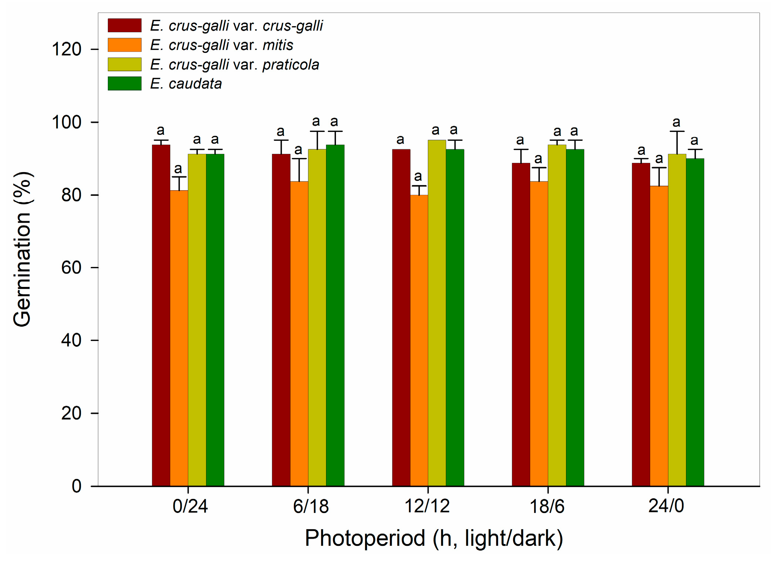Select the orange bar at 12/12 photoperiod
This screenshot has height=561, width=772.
(x=419, y=340)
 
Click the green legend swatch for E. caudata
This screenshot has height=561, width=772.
(x=124, y=83)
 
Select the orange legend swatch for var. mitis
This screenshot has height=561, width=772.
(x=124, y=45)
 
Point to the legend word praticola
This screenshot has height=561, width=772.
(x=291, y=65)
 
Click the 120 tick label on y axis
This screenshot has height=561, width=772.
(x=66, y=49)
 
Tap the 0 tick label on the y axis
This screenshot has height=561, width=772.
(x=76, y=486)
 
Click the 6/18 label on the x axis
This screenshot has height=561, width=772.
(x=310, y=506)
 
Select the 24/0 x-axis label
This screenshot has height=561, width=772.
(x=666, y=506)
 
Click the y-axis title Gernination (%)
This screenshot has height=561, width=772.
(x=22, y=249)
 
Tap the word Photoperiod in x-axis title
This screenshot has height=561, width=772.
(x=365, y=538)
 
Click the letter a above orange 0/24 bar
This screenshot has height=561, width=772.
(x=178, y=168)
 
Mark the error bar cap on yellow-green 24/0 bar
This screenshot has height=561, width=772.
(x=677, y=131)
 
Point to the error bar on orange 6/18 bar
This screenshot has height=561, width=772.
(x=299, y=170)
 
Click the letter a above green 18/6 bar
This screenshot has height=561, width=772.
(x=574, y=131)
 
